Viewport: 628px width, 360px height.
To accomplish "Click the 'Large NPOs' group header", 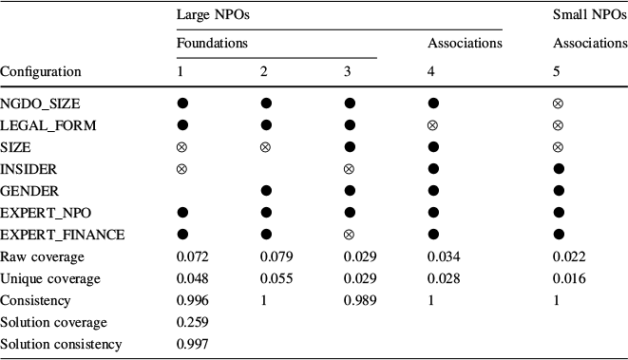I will [209, 15].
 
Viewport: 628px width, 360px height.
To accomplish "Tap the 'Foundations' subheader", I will [212, 43].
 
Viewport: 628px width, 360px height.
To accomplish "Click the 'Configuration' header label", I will [41, 71].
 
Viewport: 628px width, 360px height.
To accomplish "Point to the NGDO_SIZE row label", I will [41, 103].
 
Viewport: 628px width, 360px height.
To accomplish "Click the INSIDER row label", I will [29, 168].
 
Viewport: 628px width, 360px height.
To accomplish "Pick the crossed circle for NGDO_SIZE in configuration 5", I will [559, 103].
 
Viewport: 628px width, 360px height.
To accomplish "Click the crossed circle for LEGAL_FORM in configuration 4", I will [433, 124].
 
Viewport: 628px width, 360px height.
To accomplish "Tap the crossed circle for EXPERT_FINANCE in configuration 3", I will [350, 234].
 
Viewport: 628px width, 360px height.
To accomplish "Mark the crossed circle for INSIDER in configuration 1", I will [182, 168].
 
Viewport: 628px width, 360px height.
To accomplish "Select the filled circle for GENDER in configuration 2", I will [266, 190].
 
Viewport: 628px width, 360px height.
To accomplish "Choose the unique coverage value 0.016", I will [569, 278].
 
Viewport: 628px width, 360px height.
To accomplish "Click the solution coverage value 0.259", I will [192, 322].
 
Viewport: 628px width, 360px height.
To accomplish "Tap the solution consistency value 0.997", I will [192, 344].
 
